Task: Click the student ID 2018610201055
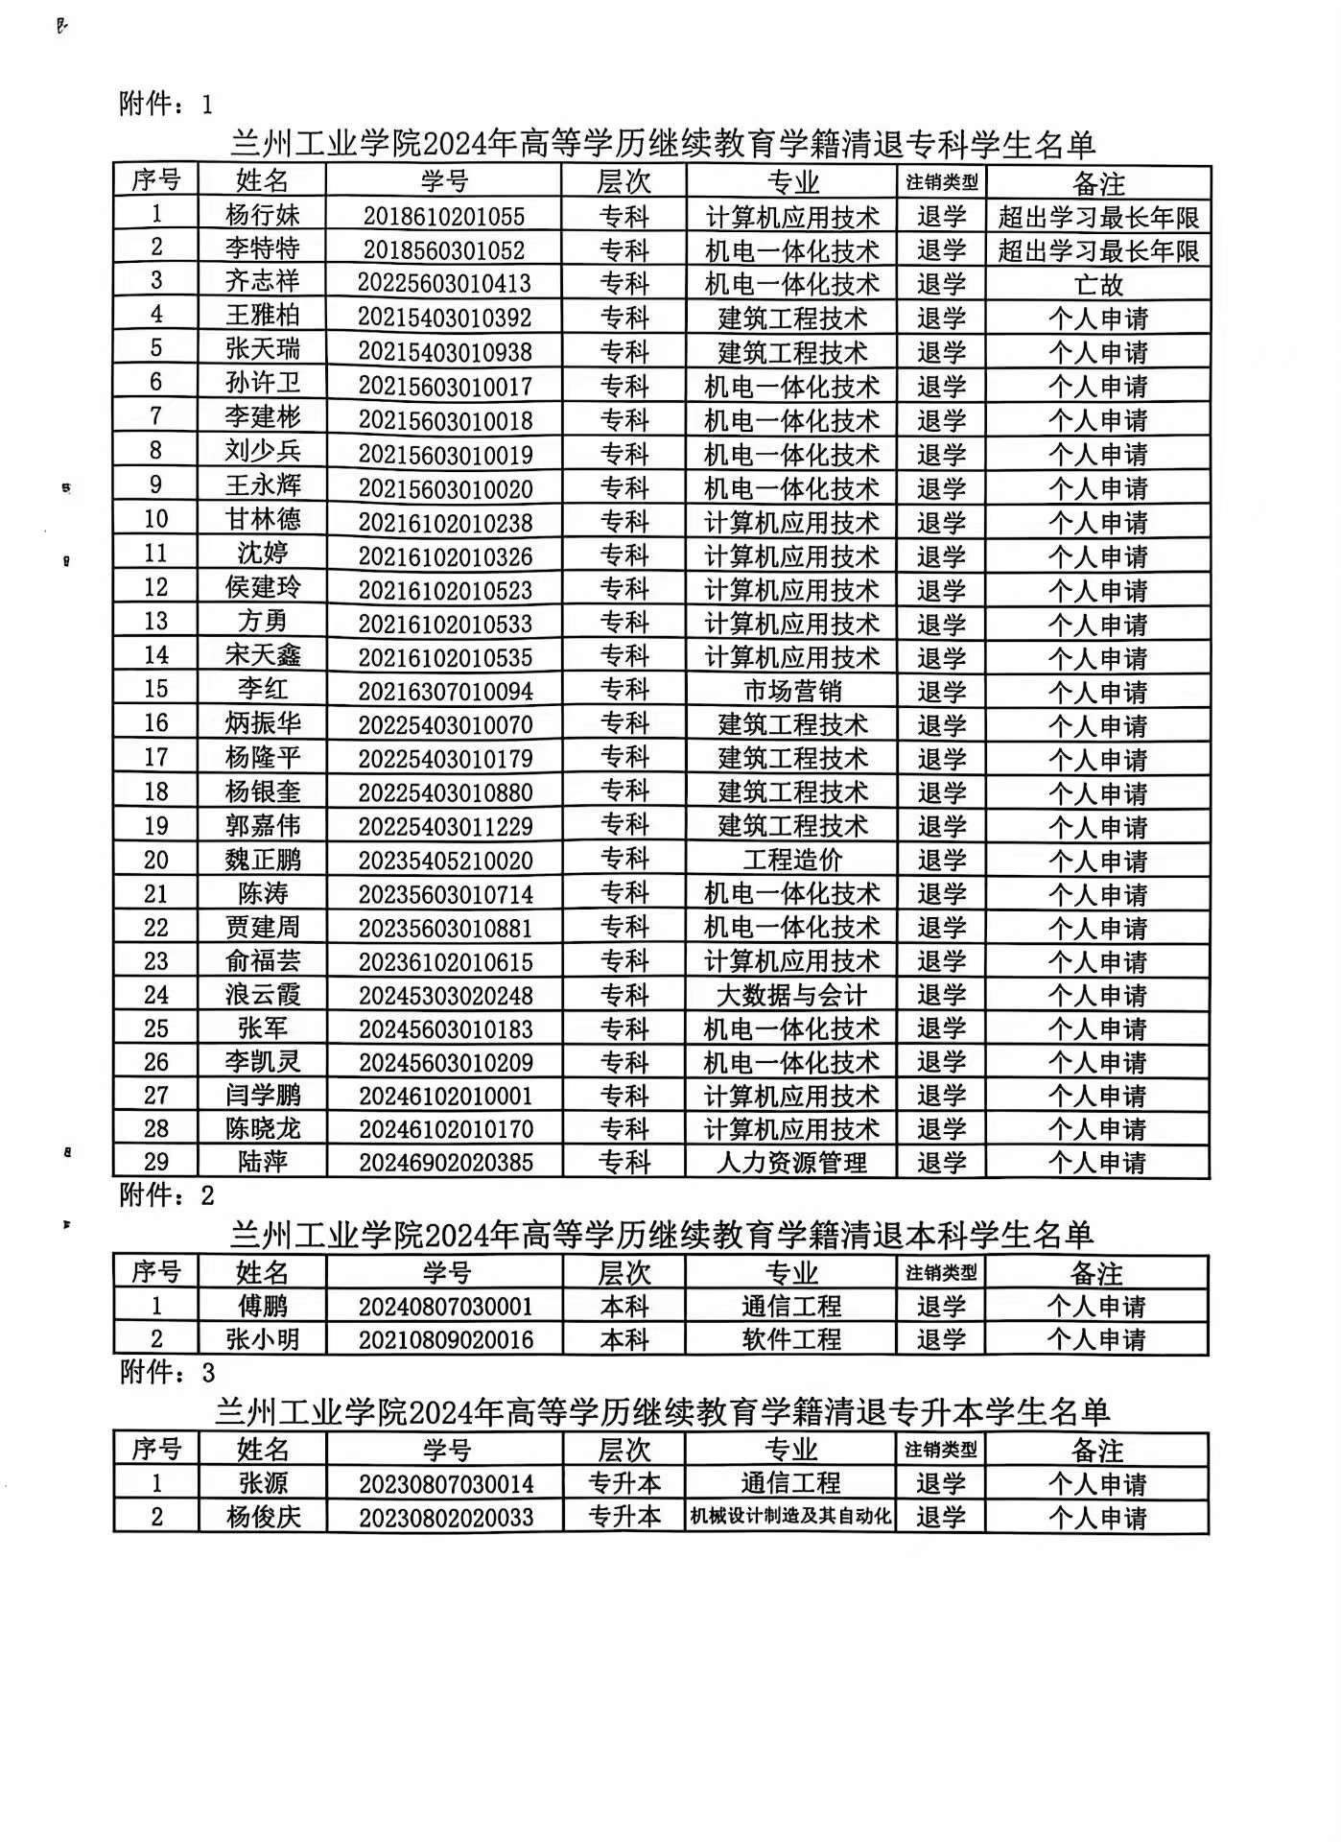click(444, 216)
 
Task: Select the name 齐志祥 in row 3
click(262, 281)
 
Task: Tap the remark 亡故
click(1098, 285)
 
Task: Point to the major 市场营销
click(791, 691)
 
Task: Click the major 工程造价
click(791, 860)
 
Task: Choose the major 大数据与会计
click(791, 995)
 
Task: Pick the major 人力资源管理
click(791, 1163)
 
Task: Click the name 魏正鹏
click(262, 860)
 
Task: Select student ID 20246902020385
click(445, 1163)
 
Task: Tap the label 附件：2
click(166, 1195)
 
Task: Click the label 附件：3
click(166, 1373)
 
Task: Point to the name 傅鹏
click(262, 1306)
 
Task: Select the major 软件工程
click(791, 1339)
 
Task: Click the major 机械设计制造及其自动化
click(791, 1517)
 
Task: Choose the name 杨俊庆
click(262, 1517)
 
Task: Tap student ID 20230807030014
click(445, 1484)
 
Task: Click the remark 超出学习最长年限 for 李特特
click(1098, 250)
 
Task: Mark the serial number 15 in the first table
click(155, 689)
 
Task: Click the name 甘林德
click(262, 519)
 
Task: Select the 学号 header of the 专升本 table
click(445, 1450)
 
